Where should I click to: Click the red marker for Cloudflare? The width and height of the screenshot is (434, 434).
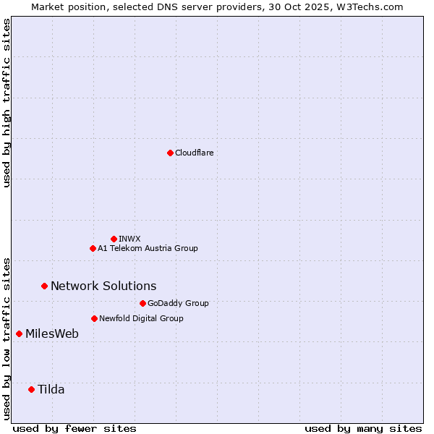[x=170, y=153]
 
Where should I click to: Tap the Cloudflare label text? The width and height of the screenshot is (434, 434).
[x=195, y=153]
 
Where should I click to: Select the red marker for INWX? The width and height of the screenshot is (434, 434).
[x=114, y=239]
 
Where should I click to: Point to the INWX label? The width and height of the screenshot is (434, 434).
[x=129, y=239]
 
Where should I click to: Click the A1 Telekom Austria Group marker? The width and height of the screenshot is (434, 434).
[x=93, y=248]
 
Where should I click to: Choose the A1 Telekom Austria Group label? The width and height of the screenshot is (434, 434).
[x=148, y=248]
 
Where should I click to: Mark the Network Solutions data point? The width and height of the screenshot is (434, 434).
[x=44, y=286]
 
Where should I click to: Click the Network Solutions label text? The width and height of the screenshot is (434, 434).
[x=103, y=286]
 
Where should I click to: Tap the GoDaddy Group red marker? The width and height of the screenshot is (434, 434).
[x=142, y=303]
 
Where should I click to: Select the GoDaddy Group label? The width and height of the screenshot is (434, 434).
[x=178, y=303]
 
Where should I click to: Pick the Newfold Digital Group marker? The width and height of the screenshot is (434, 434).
[x=94, y=318]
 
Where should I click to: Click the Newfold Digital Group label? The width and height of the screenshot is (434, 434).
[x=141, y=318]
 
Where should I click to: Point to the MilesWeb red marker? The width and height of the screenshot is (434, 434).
[x=19, y=333]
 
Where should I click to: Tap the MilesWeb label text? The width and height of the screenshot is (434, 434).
[x=52, y=333]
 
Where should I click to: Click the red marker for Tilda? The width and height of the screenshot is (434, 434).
[x=31, y=389]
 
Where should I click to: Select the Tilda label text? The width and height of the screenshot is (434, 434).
[x=51, y=389]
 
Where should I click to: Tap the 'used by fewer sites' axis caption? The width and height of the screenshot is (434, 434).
[x=75, y=428]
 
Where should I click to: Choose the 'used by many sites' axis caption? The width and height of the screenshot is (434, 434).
[x=363, y=428]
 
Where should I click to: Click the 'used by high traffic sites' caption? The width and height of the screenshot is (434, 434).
[x=7, y=103]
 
